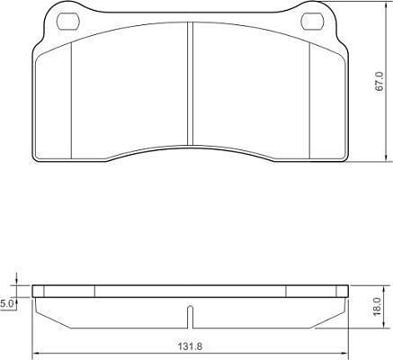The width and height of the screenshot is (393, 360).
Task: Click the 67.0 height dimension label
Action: tap(380, 81)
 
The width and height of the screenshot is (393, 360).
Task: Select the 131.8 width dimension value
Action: tap(191, 346)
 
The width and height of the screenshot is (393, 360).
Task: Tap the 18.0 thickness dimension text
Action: tap(377, 306)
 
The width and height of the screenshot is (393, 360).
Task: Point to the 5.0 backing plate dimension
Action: tap(6, 304)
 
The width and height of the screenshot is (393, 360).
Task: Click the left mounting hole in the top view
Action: tap(68, 22)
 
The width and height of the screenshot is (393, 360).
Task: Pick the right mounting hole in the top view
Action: tap(312, 22)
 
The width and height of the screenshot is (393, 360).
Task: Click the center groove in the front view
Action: tap(190, 85)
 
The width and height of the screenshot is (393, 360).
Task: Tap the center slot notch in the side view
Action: tap(190, 317)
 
